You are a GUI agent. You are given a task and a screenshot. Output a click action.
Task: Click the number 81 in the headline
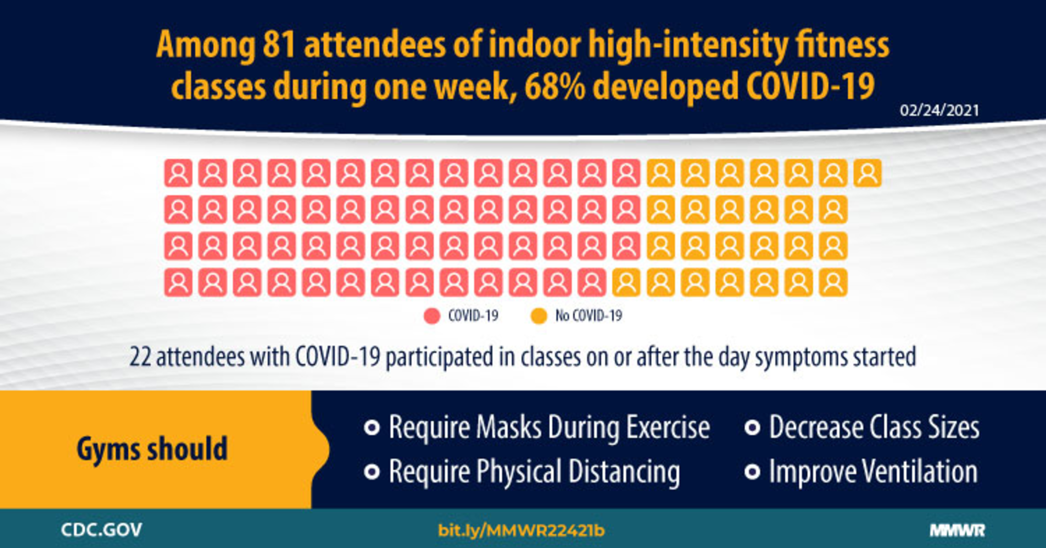point(278,45)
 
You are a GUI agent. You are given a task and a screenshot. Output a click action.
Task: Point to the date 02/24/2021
point(939,111)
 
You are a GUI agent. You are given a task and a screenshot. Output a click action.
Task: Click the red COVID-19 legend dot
point(431,316)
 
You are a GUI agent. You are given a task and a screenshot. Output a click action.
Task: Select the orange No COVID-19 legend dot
point(539,316)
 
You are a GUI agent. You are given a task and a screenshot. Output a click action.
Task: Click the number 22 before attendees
point(140,357)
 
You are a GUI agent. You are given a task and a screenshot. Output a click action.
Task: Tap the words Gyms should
point(152,449)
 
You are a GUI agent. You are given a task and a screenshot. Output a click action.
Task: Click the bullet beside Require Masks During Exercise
point(372,428)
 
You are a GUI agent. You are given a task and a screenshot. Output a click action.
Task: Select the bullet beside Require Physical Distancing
point(372,472)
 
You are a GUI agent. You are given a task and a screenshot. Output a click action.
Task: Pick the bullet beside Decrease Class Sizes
point(752,428)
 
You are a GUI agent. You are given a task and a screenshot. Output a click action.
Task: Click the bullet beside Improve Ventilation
point(752,472)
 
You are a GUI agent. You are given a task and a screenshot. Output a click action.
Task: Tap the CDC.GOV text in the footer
point(101,530)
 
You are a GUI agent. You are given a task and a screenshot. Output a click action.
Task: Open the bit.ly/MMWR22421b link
point(521,531)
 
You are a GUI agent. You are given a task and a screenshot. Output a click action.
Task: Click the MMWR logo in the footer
point(957,531)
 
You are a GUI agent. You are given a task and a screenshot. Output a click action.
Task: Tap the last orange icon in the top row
point(868,173)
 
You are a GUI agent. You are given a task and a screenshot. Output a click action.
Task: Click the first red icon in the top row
point(178,173)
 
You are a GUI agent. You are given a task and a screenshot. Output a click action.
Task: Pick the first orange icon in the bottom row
point(626,283)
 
